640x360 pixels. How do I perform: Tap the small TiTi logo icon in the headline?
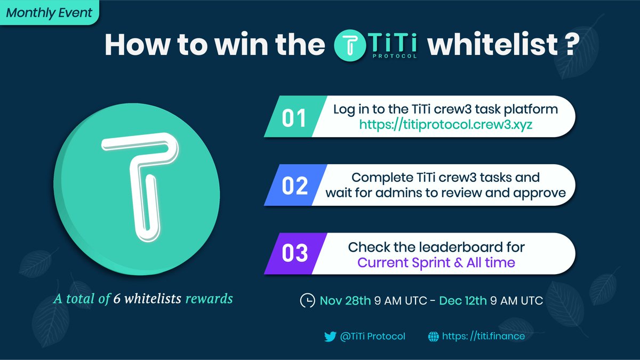tap(350, 45)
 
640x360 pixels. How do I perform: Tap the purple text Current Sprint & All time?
tap(436, 262)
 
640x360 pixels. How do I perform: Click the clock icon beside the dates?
tap(307, 301)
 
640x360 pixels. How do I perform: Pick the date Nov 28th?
tap(345, 301)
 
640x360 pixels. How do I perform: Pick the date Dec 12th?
tap(463, 301)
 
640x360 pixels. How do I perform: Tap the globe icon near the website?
tap(433, 337)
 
